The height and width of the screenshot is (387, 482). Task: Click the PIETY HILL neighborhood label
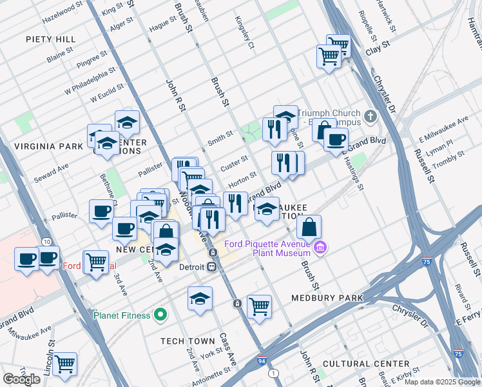coord(51,39)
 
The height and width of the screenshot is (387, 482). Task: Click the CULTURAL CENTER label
coord(365,364)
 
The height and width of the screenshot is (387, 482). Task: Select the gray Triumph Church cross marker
coord(370,117)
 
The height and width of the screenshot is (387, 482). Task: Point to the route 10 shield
coord(46,241)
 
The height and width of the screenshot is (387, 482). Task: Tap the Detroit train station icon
coord(212,267)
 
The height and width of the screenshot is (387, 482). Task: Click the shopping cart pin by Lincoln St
coord(65,364)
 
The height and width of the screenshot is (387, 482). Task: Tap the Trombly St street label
coord(448,160)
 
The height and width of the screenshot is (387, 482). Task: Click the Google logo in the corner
coord(21,379)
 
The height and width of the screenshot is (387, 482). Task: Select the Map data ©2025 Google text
coord(441,382)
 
